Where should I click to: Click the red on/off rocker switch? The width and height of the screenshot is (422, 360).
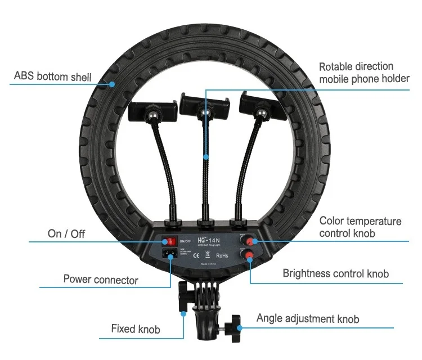(169, 242)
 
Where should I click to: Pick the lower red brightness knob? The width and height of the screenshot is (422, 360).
(248, 256)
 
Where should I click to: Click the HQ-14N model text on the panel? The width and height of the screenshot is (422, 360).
(210, 237)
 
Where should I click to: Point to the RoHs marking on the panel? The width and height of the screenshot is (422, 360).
(223, 255)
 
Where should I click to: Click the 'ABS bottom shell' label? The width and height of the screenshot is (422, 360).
(52, 76)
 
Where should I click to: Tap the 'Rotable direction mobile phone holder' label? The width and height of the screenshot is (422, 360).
(364, 73)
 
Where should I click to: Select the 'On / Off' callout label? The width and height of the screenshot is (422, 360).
(66, 233)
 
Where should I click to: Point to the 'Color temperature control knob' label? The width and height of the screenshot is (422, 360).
(360, 227)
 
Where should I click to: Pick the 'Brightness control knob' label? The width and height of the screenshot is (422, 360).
(335, 274)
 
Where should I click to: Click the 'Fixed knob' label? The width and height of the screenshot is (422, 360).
(136, 328)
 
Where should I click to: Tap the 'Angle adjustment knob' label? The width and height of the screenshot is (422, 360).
(308, 319)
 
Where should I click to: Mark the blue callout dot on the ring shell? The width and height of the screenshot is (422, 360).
(113, 84)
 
